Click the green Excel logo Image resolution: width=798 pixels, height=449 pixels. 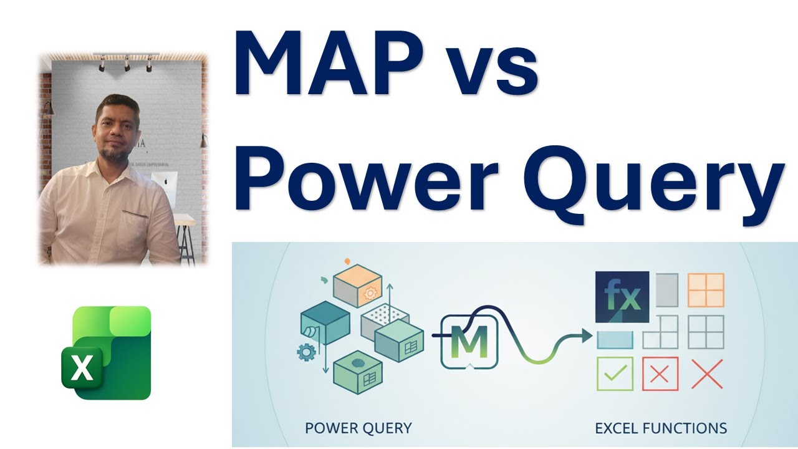[x=106, y=352]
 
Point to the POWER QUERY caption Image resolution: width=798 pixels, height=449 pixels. [x=358, y=428]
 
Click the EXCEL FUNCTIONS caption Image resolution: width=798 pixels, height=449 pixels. [x=661, y=428]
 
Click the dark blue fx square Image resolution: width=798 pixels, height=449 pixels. [x=622, y=297]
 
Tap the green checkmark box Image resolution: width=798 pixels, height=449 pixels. [x=615, y=374]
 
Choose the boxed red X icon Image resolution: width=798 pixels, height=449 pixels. [x=660, y=374]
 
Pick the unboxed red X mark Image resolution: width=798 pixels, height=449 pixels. [x=707, y=374]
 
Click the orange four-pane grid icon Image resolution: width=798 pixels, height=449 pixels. [x=706, y=290]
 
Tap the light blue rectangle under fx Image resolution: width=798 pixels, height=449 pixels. [x=615, y=339]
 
